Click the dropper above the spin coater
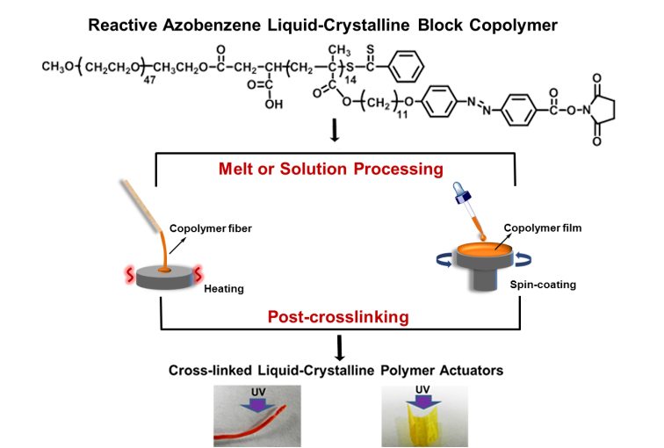pos(464,207)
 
